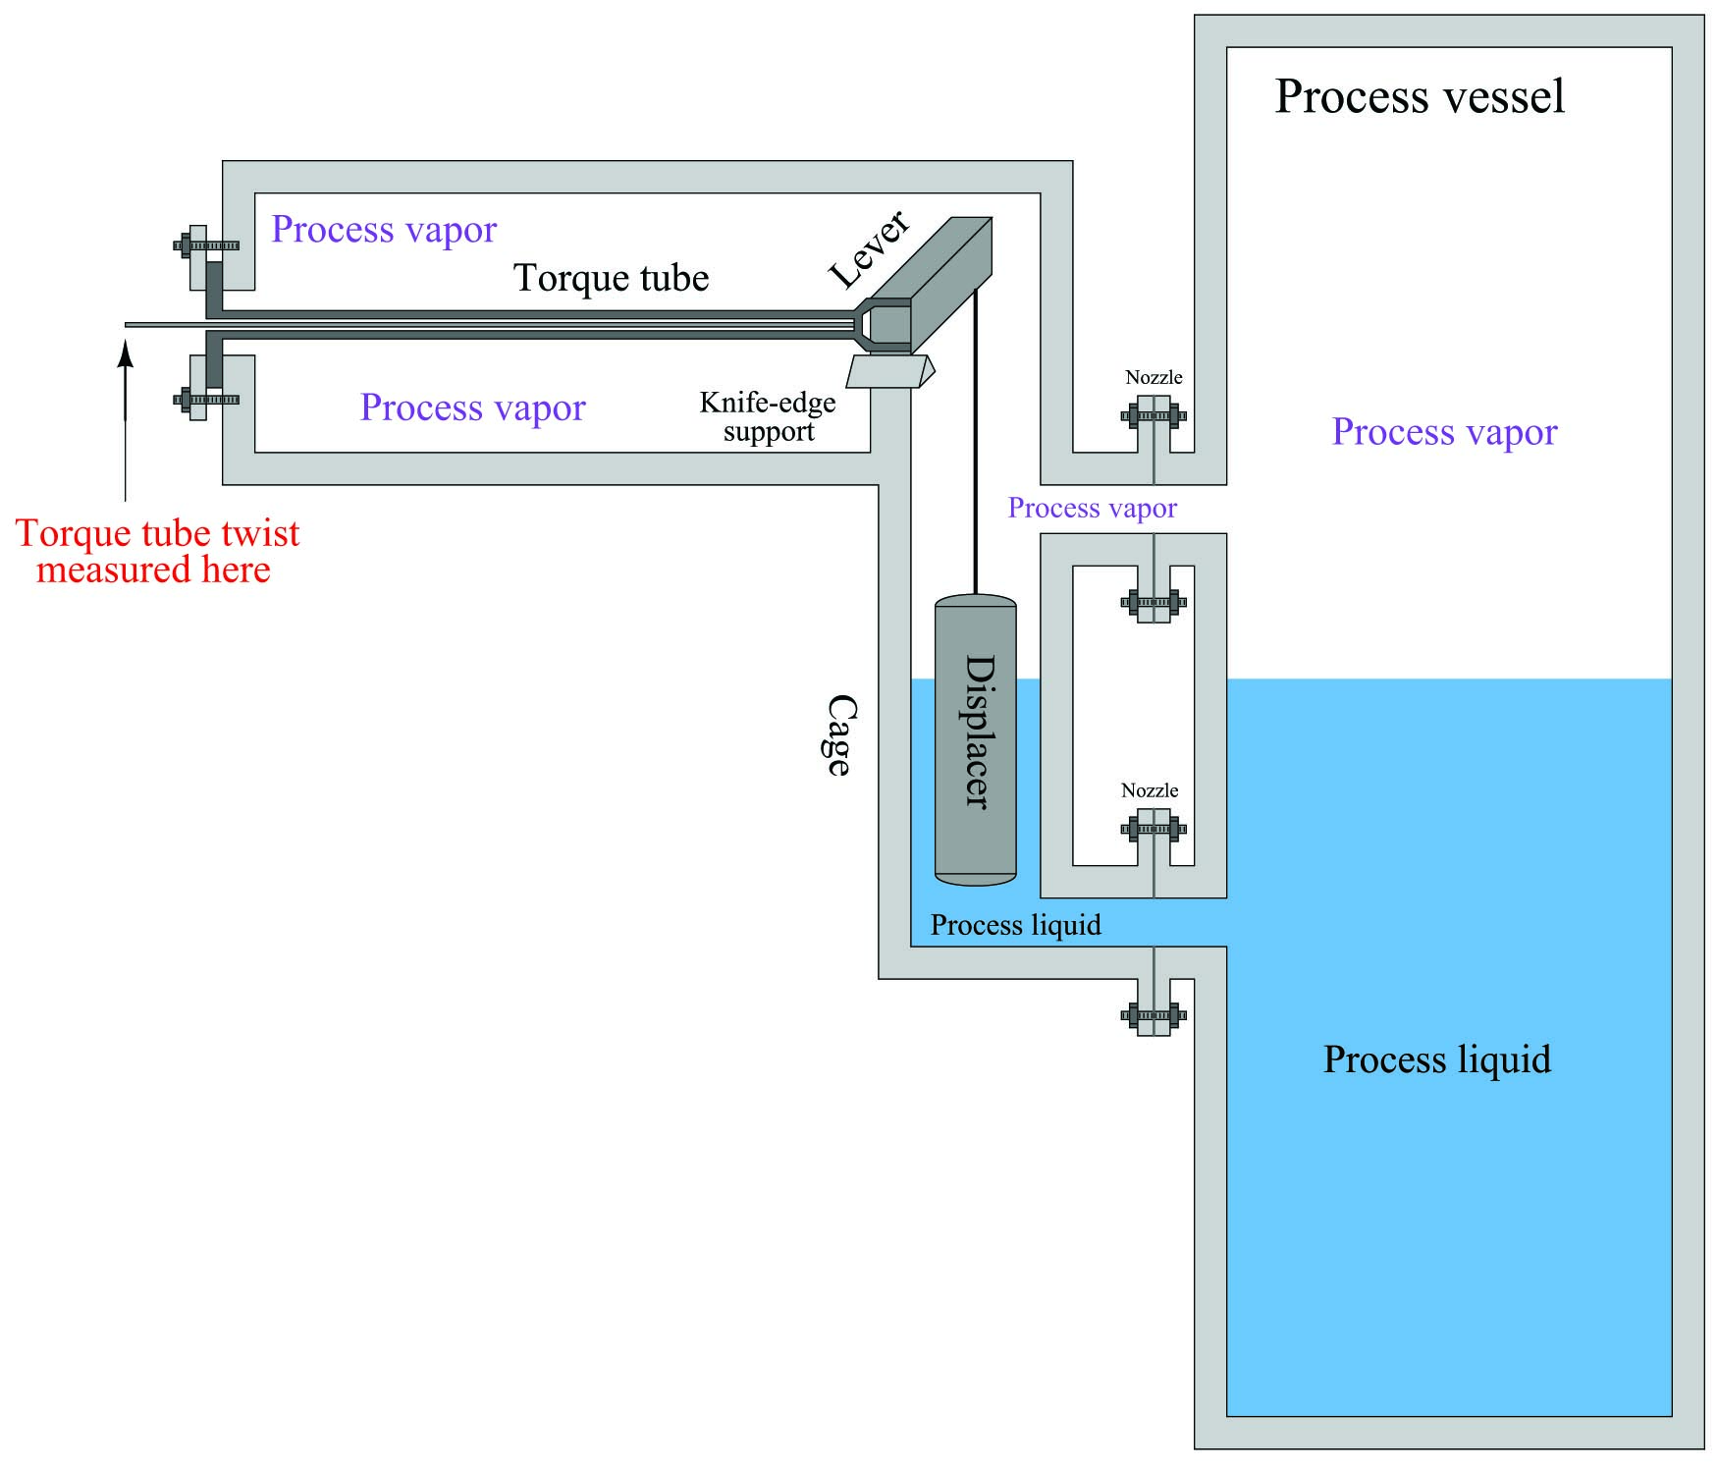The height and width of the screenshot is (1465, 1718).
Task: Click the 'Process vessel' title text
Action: [1419, 96]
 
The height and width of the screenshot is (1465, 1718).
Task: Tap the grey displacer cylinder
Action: [975, 739]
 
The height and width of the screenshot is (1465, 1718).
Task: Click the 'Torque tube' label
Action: [611, 278]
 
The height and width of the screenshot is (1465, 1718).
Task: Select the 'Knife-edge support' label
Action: [768, 416]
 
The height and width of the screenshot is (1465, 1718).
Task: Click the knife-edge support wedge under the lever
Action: [889, 371]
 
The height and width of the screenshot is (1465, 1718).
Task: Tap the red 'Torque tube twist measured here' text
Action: [157, 551]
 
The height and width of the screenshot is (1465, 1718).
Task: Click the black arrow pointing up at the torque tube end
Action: [125, 420]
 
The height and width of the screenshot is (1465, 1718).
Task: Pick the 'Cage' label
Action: [837, 735]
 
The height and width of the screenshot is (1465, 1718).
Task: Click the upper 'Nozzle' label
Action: [1154, 377]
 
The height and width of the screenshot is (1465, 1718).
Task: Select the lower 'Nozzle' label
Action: [1150, 790]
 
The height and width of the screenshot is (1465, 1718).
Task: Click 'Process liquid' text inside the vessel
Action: [1437, 1059]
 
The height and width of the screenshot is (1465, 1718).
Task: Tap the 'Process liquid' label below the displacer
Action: [1015, 925]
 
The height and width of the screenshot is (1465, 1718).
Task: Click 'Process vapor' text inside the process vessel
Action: [1444, 432]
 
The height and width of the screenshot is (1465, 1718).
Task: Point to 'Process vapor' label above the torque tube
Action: [384, 230]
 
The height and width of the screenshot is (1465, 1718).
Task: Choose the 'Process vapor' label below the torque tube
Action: [472, 407]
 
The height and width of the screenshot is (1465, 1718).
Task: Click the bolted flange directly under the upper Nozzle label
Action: [1154, 415]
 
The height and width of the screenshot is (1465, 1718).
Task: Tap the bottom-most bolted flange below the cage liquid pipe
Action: [1154, 1014]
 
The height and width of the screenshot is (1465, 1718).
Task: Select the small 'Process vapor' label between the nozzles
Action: [1092, 508]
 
